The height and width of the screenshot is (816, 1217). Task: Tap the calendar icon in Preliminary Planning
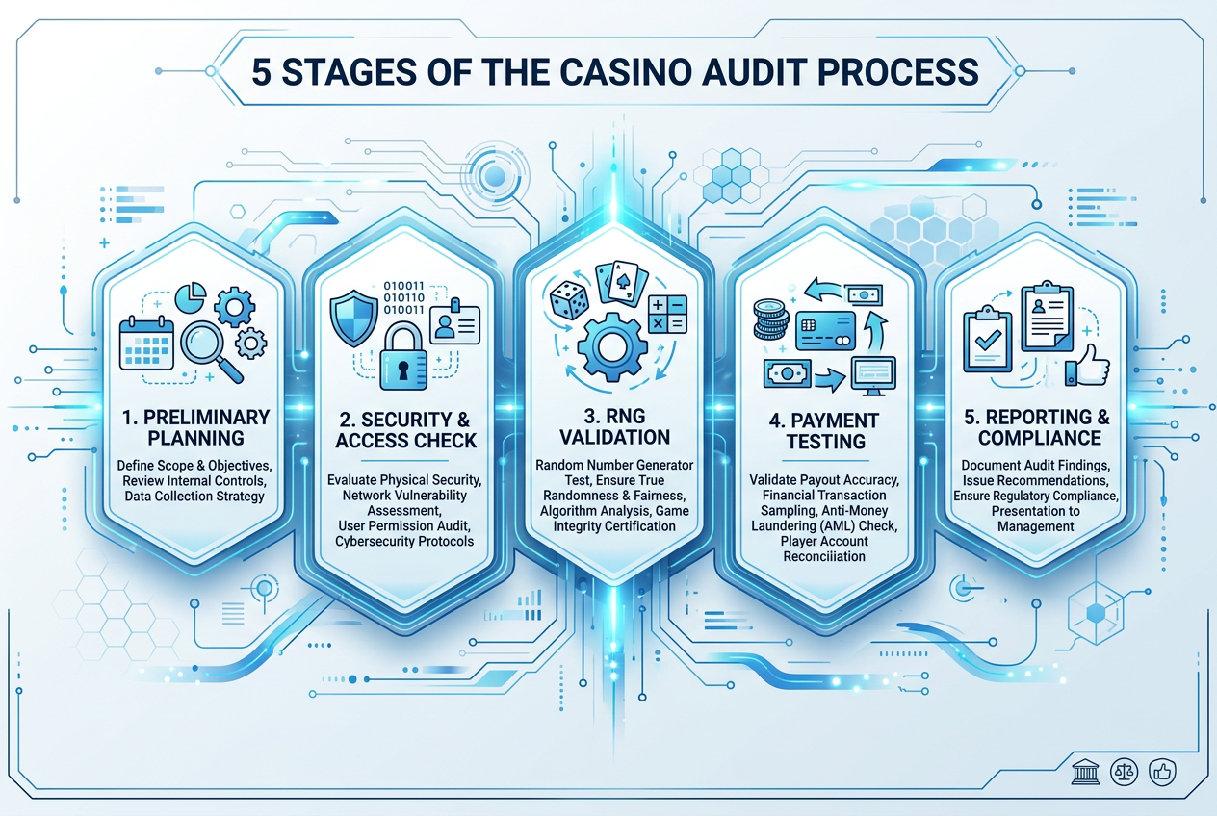click(146, 344)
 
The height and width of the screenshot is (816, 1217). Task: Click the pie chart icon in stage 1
click(191, 297)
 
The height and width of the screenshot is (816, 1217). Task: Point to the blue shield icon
click(354, 319)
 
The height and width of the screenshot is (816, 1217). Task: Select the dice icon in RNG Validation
click(569, 299)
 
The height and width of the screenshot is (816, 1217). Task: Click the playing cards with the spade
click(622, 282)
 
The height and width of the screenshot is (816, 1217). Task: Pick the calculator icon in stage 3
click(668, 315)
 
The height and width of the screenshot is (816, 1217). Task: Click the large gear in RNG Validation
click(612, 347)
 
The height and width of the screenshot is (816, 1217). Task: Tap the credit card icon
click(826, 331)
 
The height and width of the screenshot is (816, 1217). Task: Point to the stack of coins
click(770, 320)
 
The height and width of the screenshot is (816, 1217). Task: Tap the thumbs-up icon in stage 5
click(1087, 366)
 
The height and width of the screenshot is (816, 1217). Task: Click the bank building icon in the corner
click(1085, 772)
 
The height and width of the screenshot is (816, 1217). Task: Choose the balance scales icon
click(1125, 772)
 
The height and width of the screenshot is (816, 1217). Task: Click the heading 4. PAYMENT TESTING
click(825, 430)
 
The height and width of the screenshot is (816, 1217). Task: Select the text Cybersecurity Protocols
click(404, 542)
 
